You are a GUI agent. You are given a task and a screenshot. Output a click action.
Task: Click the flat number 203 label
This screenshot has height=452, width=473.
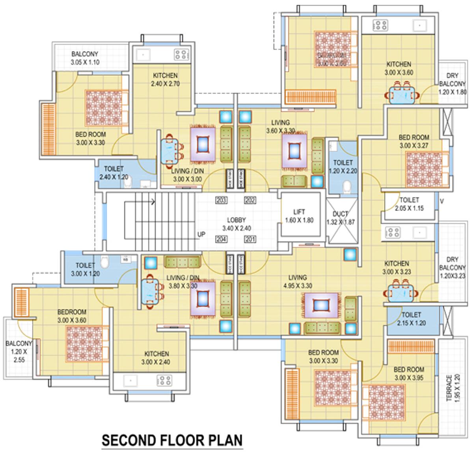(x=222, y=200)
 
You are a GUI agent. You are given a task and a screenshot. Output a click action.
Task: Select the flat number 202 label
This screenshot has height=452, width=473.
(x=250, y=200)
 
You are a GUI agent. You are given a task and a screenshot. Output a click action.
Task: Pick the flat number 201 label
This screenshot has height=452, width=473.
(x=250, y=239)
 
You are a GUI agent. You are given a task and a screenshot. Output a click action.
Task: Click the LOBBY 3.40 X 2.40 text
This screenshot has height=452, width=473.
(x=236, y=224)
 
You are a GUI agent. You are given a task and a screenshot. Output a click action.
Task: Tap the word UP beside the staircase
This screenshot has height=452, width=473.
(x=202, y=234)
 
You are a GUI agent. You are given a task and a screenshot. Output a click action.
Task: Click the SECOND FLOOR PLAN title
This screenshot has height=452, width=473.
(x=172, y=439)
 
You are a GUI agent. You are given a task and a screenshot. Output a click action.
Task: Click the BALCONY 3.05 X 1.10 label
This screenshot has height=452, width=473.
(x=85, y=58)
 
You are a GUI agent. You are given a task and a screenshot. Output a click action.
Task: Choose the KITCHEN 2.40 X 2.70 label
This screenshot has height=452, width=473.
(x=165, y=79)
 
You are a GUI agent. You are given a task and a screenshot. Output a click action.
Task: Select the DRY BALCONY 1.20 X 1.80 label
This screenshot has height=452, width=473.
(x=452, y=84)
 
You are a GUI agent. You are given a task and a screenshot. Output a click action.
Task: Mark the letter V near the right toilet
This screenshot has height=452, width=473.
(x=442, y=201)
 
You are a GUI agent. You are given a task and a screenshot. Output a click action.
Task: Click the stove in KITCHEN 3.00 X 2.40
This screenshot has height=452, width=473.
(x=164, y=381)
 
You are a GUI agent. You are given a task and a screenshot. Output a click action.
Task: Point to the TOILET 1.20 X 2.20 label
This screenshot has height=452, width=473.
(x=343, y=166)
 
